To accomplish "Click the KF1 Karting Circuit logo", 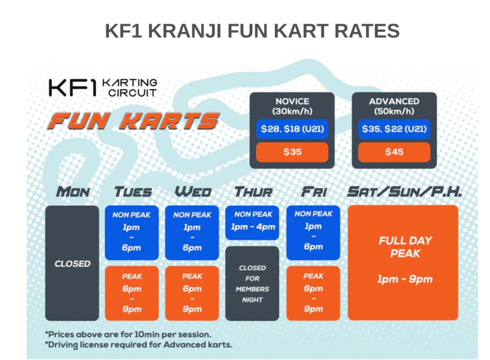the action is click(103, 88).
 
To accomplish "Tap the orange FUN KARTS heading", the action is click(134, 121).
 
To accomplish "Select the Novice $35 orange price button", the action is click(292, 152).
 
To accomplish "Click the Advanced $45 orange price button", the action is click(394, 152).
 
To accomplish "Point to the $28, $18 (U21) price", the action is click(292, 129).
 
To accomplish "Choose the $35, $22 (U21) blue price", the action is click(394, 129).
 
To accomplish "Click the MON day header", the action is click(73, 192).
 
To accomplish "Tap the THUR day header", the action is click(254, 192).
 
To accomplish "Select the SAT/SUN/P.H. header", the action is click(405, 192).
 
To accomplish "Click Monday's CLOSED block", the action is click(72, 263).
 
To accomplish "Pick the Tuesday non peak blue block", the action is click(132, 233).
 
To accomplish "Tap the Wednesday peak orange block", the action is click(192, 293).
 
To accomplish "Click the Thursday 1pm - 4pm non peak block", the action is click(252, 223).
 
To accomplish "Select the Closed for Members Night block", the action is click(252, 283).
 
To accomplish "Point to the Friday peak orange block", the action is click(313, 293).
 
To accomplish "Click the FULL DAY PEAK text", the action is click(405, 247).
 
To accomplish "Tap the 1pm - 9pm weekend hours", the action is click(405, 279).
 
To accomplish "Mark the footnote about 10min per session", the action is click(128, 335).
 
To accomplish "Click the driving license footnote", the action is click(139, 345).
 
